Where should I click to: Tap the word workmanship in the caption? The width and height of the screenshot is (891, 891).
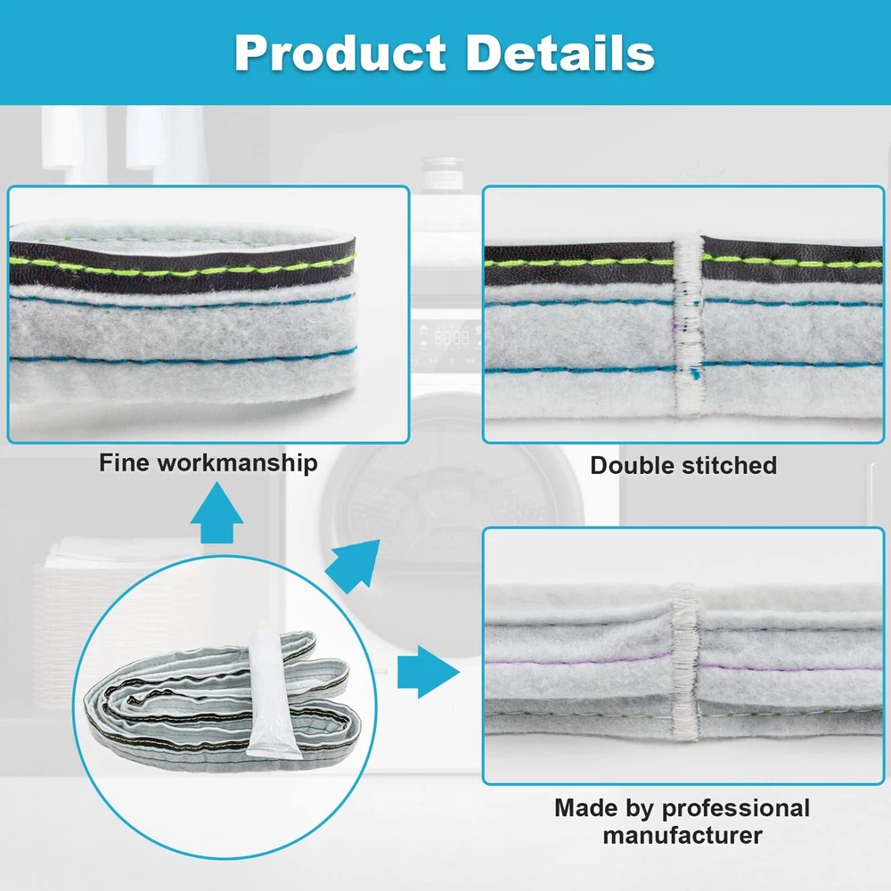[x=237, y=463]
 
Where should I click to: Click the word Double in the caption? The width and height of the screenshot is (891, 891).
[x=634, y=465]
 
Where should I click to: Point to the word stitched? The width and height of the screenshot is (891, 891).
[x=731, y=465]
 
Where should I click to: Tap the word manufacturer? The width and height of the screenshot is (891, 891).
[x=683, y=836]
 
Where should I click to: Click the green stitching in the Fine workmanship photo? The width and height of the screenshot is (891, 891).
[x=178, y=265]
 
